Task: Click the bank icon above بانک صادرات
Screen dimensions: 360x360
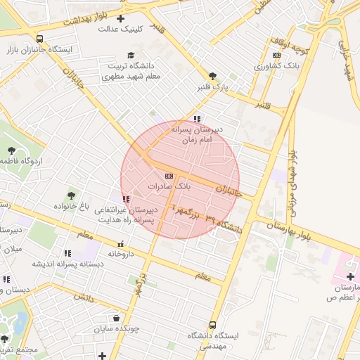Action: (168, 176)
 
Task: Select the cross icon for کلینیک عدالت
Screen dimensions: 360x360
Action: (121, 18)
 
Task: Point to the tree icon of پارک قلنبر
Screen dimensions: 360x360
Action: (212, 76)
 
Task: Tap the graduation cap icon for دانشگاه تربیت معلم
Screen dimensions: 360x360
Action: (131, 56)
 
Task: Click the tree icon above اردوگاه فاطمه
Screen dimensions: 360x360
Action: (12, 150)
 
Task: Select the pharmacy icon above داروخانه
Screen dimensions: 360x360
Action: (120, 243)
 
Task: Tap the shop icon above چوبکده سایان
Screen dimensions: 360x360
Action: (116, 318)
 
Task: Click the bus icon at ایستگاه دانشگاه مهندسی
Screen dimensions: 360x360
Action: (212, 326)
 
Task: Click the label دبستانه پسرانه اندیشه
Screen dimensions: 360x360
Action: (58, 264)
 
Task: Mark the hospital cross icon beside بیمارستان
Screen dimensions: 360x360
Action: (350, 277)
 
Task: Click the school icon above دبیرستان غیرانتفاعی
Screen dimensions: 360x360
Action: (126, 200)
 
